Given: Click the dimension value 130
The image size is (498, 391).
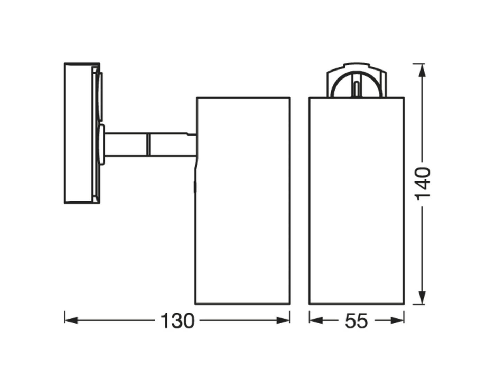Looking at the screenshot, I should click(177, 321).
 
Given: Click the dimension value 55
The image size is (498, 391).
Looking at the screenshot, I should click(356, 322).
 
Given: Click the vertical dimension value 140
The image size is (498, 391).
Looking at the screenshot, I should click(423, 183).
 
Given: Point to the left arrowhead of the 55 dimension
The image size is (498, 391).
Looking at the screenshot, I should click(316, 320).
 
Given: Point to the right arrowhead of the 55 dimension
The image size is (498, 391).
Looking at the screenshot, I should click(397, 320).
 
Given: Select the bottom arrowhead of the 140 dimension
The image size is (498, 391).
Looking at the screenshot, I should click(422, 297).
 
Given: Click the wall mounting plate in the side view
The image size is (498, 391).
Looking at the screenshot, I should click(78, 133).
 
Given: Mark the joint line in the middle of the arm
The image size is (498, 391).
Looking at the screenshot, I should click(148, 144).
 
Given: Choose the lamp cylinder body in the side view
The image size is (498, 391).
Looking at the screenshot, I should click(243, 201).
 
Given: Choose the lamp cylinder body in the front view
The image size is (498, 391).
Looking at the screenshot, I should click(357, 201).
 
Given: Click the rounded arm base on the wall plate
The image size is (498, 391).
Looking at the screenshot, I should click(102, 144).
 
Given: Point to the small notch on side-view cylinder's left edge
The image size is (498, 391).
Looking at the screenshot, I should click(195, 187).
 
